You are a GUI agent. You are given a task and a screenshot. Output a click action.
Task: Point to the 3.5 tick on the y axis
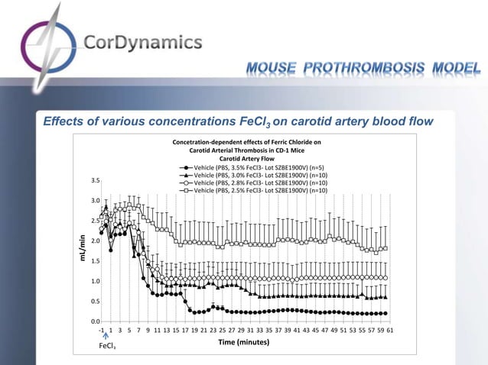tap(95, 181)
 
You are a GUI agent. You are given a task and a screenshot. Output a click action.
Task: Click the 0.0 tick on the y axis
tap(95, 321)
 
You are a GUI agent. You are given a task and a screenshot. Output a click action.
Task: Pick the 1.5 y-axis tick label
tap(95, 261)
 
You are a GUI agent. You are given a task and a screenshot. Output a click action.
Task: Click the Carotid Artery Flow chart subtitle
tap(246, 159)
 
